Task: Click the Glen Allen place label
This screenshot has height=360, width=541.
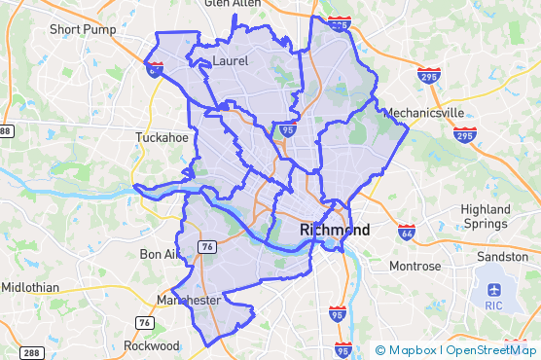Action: (233, 5)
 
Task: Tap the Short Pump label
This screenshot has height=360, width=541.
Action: (82, 29)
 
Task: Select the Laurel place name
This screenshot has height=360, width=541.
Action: (230, 60)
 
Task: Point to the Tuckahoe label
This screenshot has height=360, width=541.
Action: (162, 137)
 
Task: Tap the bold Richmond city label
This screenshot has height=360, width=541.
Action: (336, 231)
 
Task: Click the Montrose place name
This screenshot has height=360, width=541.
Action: (415, 266)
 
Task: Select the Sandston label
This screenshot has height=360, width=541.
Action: (502, 257)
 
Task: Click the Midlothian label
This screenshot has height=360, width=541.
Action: (29, 288)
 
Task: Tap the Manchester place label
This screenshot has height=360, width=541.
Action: (189, 301)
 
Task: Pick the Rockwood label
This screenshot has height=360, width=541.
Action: (152, 345)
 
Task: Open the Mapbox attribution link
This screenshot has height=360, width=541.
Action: (408, 350)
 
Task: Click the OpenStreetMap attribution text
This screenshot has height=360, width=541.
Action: (490, 350)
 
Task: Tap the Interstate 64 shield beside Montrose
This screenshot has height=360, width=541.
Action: (408, 232)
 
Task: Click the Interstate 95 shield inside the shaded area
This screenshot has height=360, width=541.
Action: (287, 127)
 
